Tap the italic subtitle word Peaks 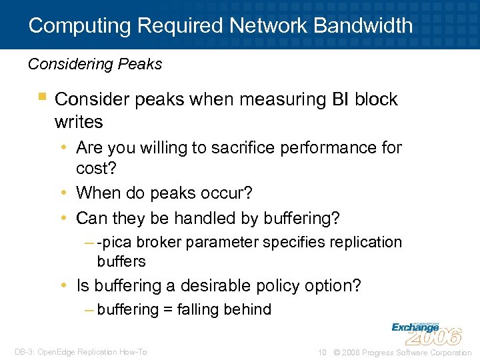(x=142, y=64)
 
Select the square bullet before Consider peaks (x=42, y=98)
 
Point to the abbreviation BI (x=340, y=99)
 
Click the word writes (x=79, y=122)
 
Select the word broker (x=159, y=242)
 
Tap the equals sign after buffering (x=167, y=309)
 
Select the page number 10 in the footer (x=322, y=352)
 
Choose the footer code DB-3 (x=25, y=352)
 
